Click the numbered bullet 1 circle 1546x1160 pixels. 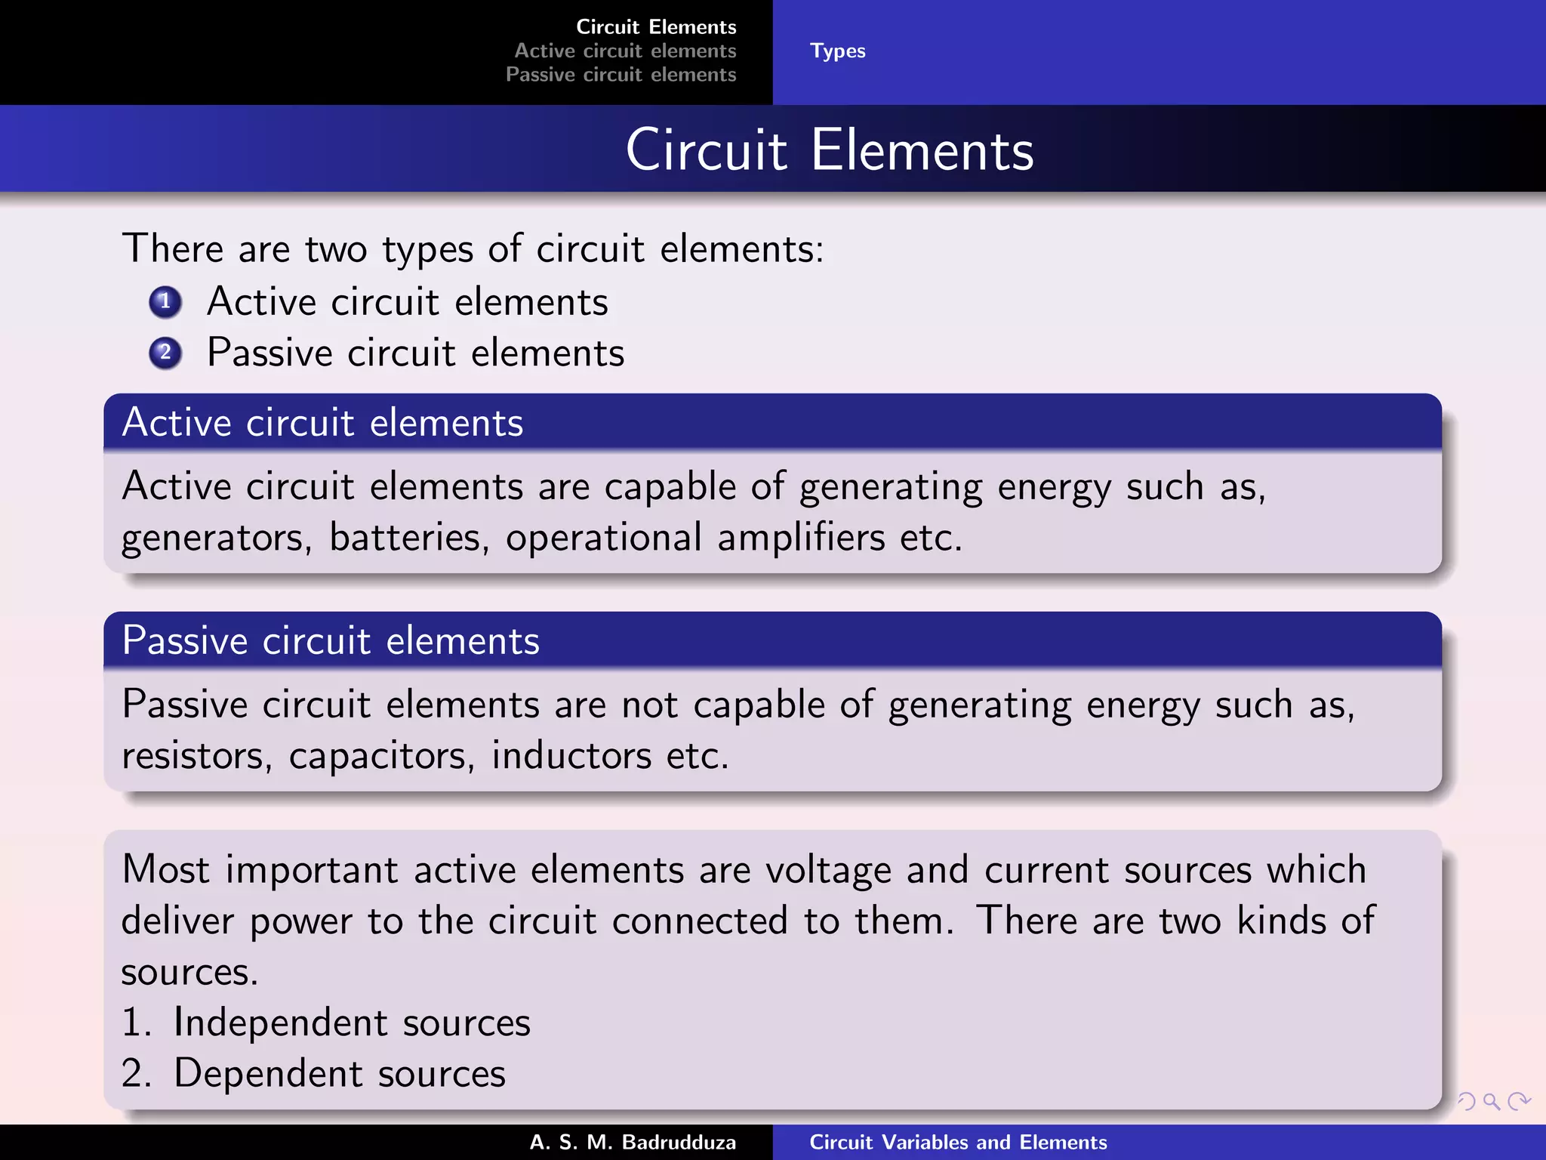[x=165, y=302]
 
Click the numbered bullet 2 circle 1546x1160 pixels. [x=165, y=353]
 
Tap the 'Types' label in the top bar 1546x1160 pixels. [x=837, y=51]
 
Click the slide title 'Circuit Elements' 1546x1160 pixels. [x=829, y=150]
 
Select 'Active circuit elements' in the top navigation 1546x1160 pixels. [x=625, y=51]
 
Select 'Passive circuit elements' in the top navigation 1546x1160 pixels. [x=621, y=75]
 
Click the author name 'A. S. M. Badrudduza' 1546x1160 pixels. [x=633, y=1142]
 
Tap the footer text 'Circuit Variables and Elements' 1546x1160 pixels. [x=958, y=1142]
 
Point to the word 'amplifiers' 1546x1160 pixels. [x=801, y=538]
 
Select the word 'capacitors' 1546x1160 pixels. [x=381, y=756]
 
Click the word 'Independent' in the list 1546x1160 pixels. [x=280, y=1023]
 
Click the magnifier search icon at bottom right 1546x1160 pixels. [x=1491, y=1102]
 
